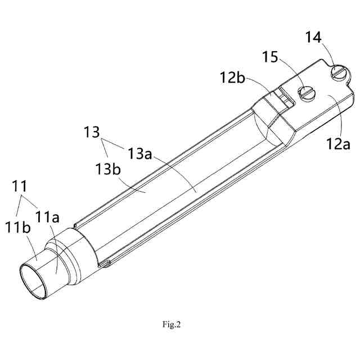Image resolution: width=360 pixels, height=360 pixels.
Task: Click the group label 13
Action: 92,133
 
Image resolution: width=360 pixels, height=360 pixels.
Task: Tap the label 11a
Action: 47,216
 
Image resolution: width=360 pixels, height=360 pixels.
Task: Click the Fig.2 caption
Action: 172,324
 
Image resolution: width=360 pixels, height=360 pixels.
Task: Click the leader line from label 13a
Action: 174,174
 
